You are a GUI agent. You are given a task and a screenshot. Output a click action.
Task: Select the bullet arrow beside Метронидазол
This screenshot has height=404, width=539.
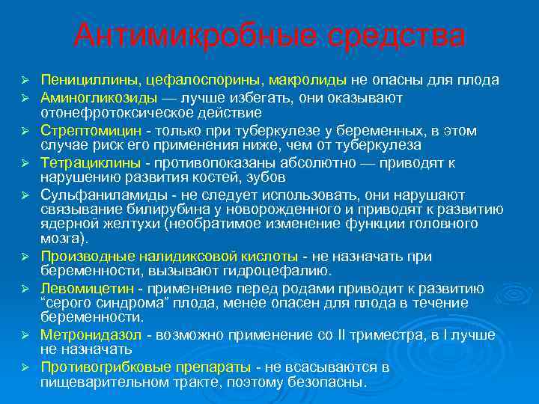pos(24,334)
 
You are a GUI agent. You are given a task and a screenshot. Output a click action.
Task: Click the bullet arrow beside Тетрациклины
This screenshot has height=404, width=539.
pos(24,163)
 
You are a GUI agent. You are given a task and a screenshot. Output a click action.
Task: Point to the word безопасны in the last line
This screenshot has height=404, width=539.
pos(334,381)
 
